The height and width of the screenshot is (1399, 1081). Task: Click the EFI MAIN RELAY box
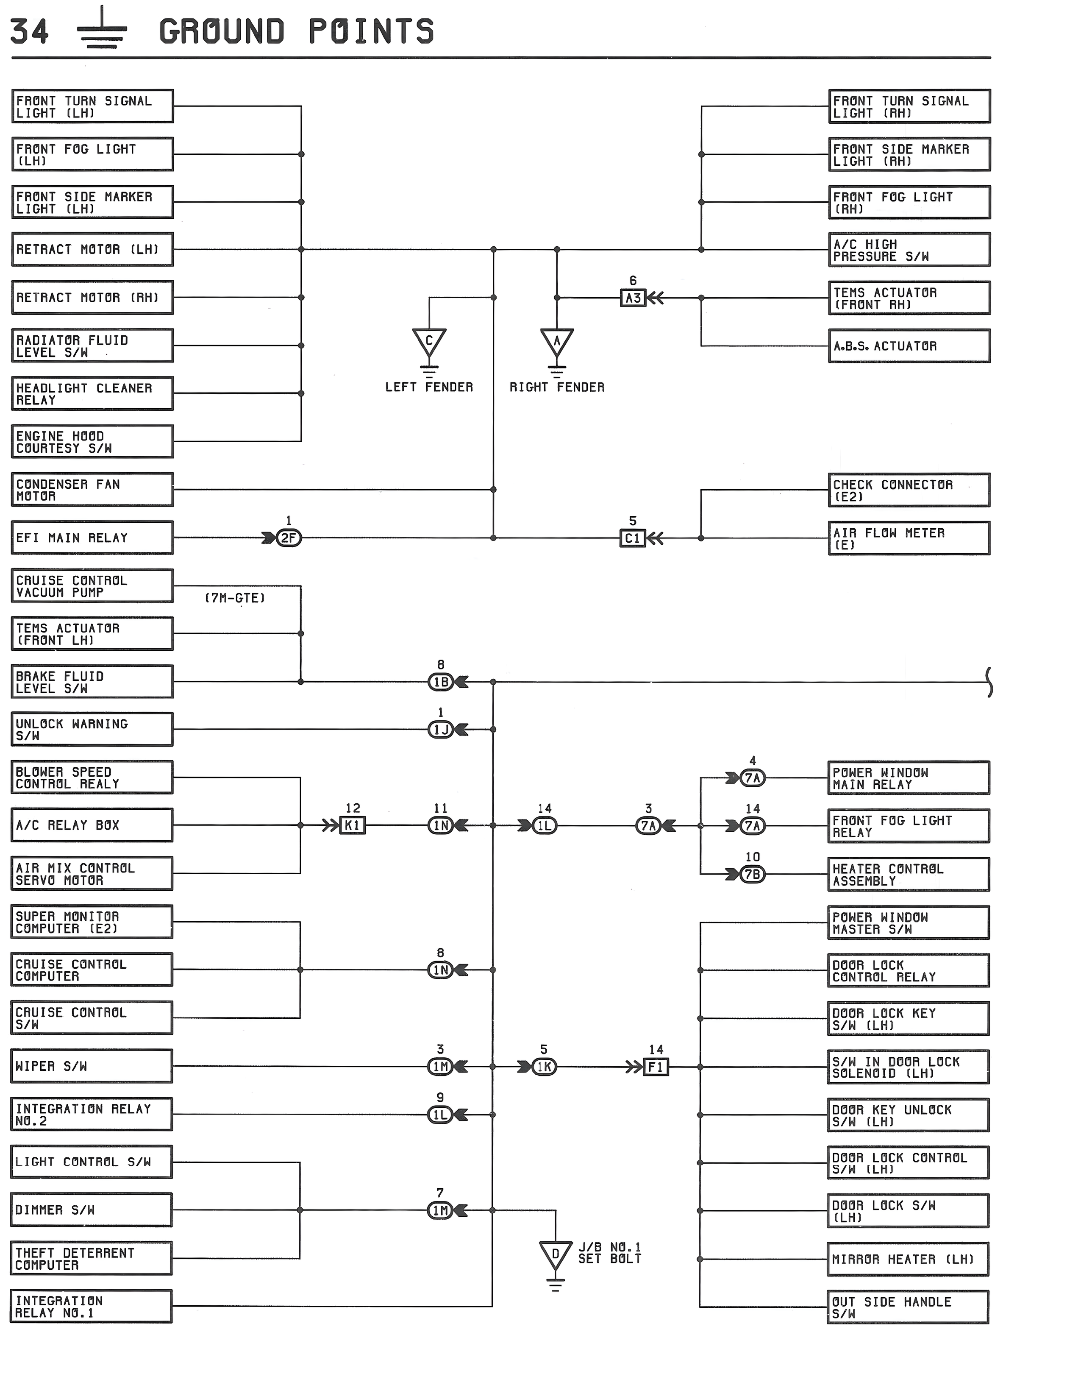coord(92,538)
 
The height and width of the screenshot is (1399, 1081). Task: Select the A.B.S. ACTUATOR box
coord(909,346)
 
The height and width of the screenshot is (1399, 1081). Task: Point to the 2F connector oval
coord(289,538)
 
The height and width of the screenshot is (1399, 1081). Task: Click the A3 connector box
coord(633,298)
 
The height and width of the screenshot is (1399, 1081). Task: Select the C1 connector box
coord(633,538)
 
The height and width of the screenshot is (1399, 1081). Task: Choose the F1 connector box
coord(656,1067)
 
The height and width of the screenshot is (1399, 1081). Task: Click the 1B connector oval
coord(441,682)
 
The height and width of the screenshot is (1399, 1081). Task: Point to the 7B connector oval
coord(753,874)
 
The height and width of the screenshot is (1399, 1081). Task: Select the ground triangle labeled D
coord(555,1255)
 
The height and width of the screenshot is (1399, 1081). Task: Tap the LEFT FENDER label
coord(429,387)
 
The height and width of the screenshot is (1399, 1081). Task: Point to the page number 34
coord(30,31)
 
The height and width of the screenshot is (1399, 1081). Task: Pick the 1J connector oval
coord(441,729)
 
